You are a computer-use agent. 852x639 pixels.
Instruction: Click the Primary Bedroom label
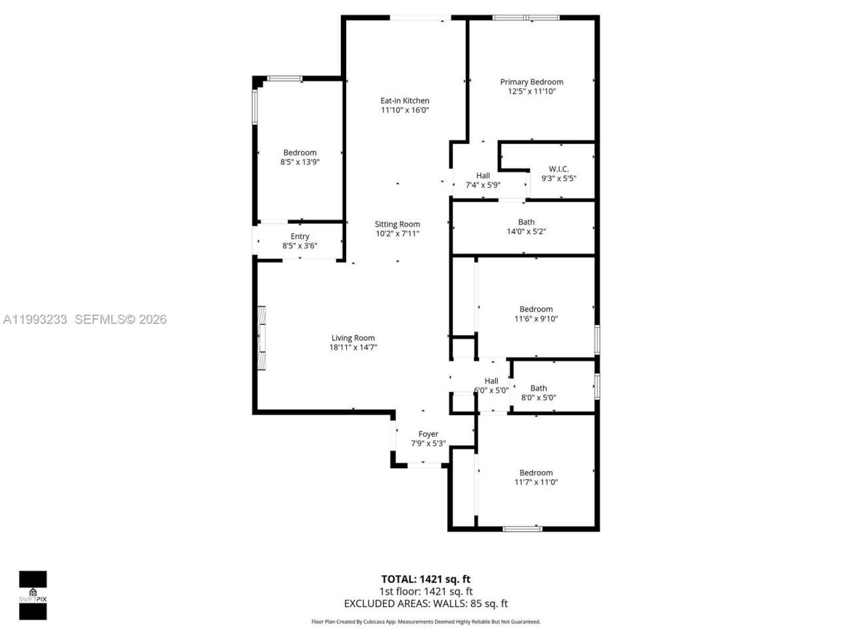point(532,82)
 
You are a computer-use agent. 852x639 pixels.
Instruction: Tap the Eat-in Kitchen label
point(405,101)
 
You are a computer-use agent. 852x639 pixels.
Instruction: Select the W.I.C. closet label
point(558,168)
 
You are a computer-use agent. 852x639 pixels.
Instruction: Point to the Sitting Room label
point(397,224)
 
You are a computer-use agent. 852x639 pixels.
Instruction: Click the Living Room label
point(353,337)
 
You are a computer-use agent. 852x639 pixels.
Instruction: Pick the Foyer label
point(428,434)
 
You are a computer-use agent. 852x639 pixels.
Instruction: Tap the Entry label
point(300,236)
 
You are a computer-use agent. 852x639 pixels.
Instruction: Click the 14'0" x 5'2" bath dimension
point(527,232)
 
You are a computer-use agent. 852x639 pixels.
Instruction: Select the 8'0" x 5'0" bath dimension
point(538,398)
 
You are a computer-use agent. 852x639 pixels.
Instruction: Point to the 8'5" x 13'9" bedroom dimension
point(300,162)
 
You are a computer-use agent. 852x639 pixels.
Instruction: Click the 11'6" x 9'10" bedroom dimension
point(536,319)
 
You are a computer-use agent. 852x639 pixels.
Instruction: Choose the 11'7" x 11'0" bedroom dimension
point(536,482)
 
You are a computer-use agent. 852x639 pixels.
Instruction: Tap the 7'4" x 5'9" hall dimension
point(483,185)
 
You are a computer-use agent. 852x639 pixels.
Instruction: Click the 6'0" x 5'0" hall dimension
point(491,391)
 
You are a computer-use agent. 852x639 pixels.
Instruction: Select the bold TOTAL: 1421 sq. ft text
point(425,579)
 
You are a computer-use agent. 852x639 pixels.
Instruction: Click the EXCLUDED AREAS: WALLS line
point(425,604)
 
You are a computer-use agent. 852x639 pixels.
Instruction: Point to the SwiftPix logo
point(33,594)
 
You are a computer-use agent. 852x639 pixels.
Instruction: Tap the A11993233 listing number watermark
point(35,319)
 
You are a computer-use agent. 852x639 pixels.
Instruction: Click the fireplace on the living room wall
point(262,337)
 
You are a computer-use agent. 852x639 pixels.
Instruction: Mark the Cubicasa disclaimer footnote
point(426,622)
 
